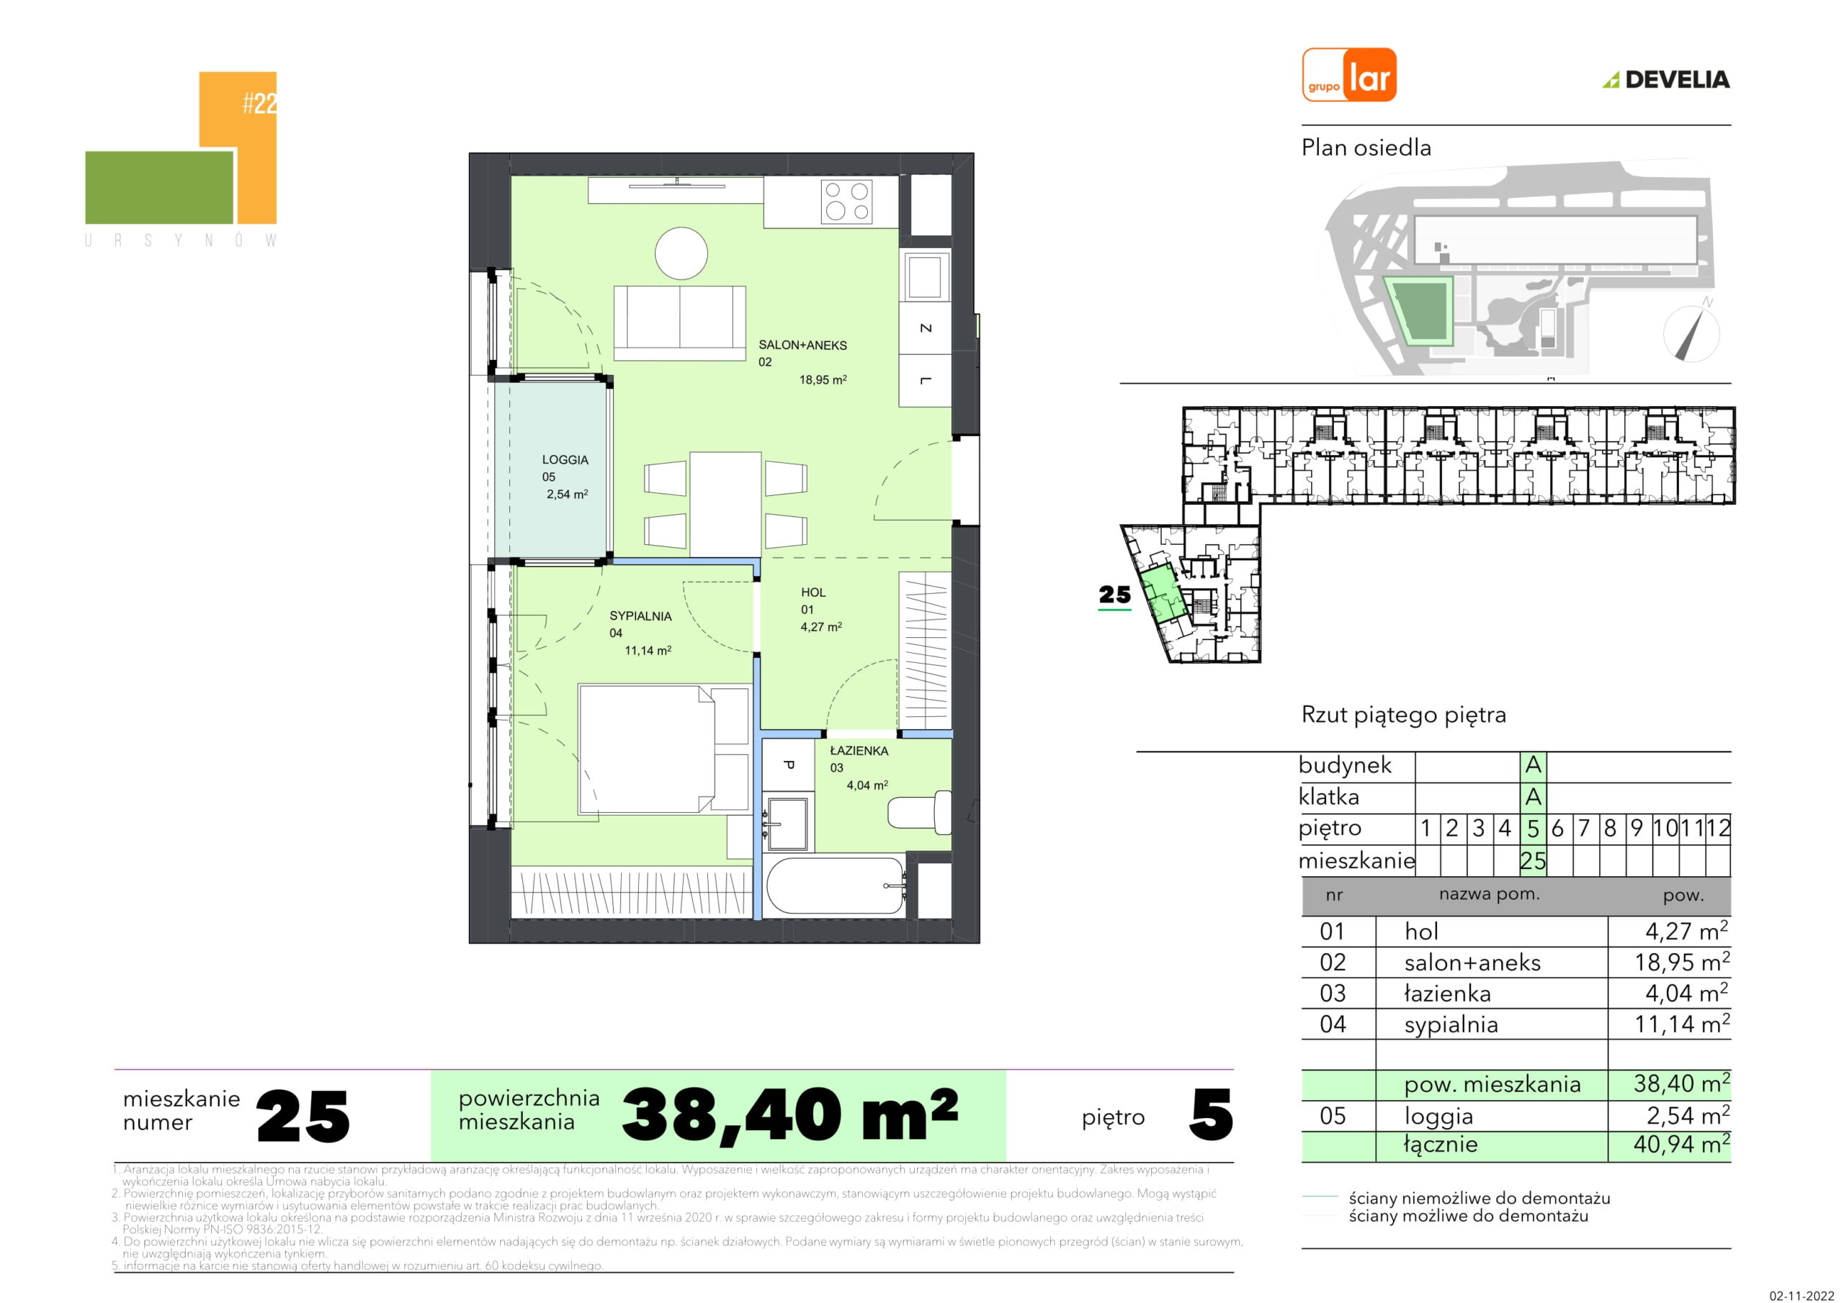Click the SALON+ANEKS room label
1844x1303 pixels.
802,346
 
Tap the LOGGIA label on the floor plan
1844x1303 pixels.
565,460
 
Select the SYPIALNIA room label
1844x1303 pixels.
640,616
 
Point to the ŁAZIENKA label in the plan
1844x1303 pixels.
859,751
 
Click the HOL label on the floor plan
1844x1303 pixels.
813,592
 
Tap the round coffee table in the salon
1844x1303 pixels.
681,253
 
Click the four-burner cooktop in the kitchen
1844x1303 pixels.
847,202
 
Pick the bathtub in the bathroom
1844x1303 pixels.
836,885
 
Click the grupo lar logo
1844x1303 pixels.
1349,75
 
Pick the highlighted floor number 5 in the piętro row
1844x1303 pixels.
1532,829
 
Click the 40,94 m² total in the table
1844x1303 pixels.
1681,1144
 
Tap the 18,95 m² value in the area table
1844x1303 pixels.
1682,962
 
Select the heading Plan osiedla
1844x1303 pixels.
1366,148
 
